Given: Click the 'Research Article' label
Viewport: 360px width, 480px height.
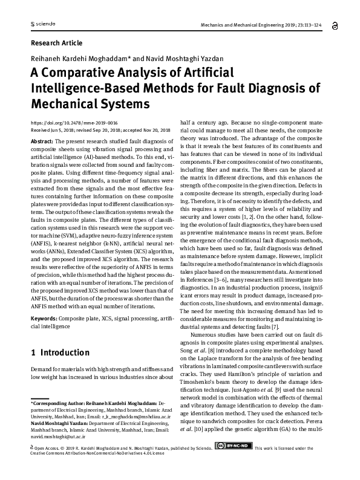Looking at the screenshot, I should tap(56, 43).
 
